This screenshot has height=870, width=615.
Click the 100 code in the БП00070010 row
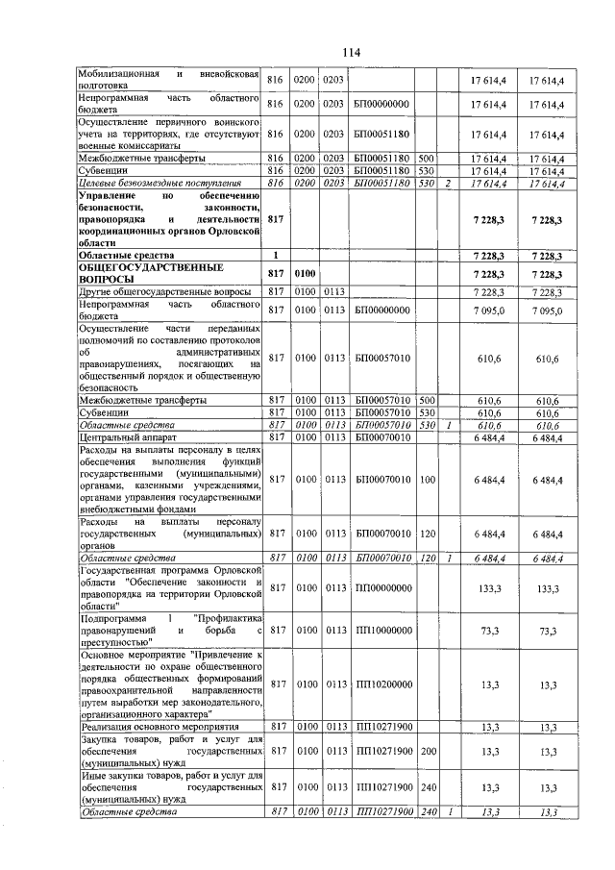(x=427, y=479)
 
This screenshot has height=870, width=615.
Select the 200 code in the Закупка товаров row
(x=427, y=750)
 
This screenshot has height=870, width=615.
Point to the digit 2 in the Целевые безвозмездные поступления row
(x=447, y=183)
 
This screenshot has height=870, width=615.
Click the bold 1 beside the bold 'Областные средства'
(x=276, y=255)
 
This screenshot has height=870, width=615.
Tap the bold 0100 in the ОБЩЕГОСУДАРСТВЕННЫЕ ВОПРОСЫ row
(x=305, y=274)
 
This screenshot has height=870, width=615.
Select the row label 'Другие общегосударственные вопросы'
(x=166, y=291)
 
